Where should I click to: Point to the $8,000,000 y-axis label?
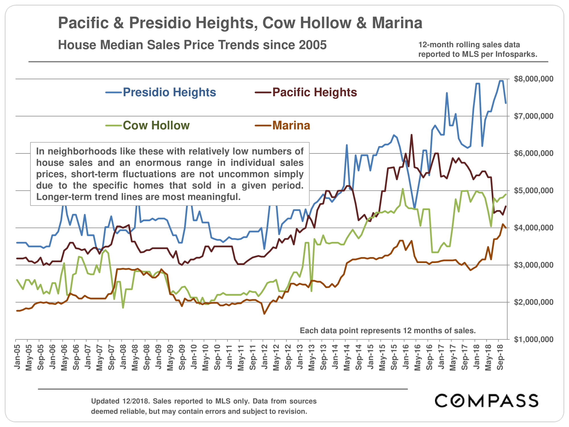coord(533,79)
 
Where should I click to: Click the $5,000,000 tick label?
coord(533,190)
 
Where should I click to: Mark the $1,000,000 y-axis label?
coord(533,339)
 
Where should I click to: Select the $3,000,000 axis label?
coord(533,265)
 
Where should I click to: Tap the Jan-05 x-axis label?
coord(17,357)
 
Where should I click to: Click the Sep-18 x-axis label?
coord(500,358)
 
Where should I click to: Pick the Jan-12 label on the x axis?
coord(265,357)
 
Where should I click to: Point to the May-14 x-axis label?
coord(347,358)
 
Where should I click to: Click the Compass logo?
coord(486,401)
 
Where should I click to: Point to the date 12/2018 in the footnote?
coord(136,401)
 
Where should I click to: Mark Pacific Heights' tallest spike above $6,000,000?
coord(411,135)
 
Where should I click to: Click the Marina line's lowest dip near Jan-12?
coord(264,314)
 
